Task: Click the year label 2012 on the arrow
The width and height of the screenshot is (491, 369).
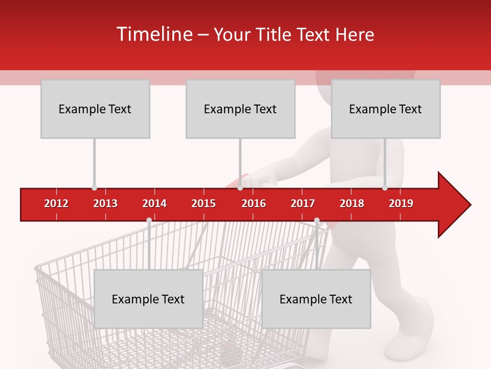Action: (x=56, y=203)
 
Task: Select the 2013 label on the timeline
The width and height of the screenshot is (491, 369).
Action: (x=105, y=203)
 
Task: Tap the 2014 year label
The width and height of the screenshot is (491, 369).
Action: (x=154, y=203)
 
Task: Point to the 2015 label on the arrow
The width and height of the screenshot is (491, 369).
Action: (x=204, y=203)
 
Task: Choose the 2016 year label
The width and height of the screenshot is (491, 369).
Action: (x=254, y=203)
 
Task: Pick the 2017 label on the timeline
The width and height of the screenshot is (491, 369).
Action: (x=303, y=203)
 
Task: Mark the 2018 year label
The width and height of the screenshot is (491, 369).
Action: (x=352, y=203)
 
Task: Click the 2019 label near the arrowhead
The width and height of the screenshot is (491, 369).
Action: (x=401, y=203)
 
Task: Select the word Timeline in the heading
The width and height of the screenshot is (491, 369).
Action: (x=154, y=34)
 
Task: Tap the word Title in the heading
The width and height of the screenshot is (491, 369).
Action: (x=274, y=34)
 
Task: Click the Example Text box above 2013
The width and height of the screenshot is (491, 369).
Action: (x=95, y=109)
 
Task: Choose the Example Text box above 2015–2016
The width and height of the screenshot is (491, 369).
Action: (x=240, y=109)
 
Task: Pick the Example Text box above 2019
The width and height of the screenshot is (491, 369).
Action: (x=386, y=109)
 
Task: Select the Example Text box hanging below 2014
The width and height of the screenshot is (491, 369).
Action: (x=148, y=299)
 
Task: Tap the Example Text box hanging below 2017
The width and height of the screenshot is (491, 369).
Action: (x=316, y=299)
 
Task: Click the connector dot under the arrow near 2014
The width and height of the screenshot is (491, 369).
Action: (x=149, y=220)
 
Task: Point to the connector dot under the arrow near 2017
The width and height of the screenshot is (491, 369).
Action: (x=317, y=220)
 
